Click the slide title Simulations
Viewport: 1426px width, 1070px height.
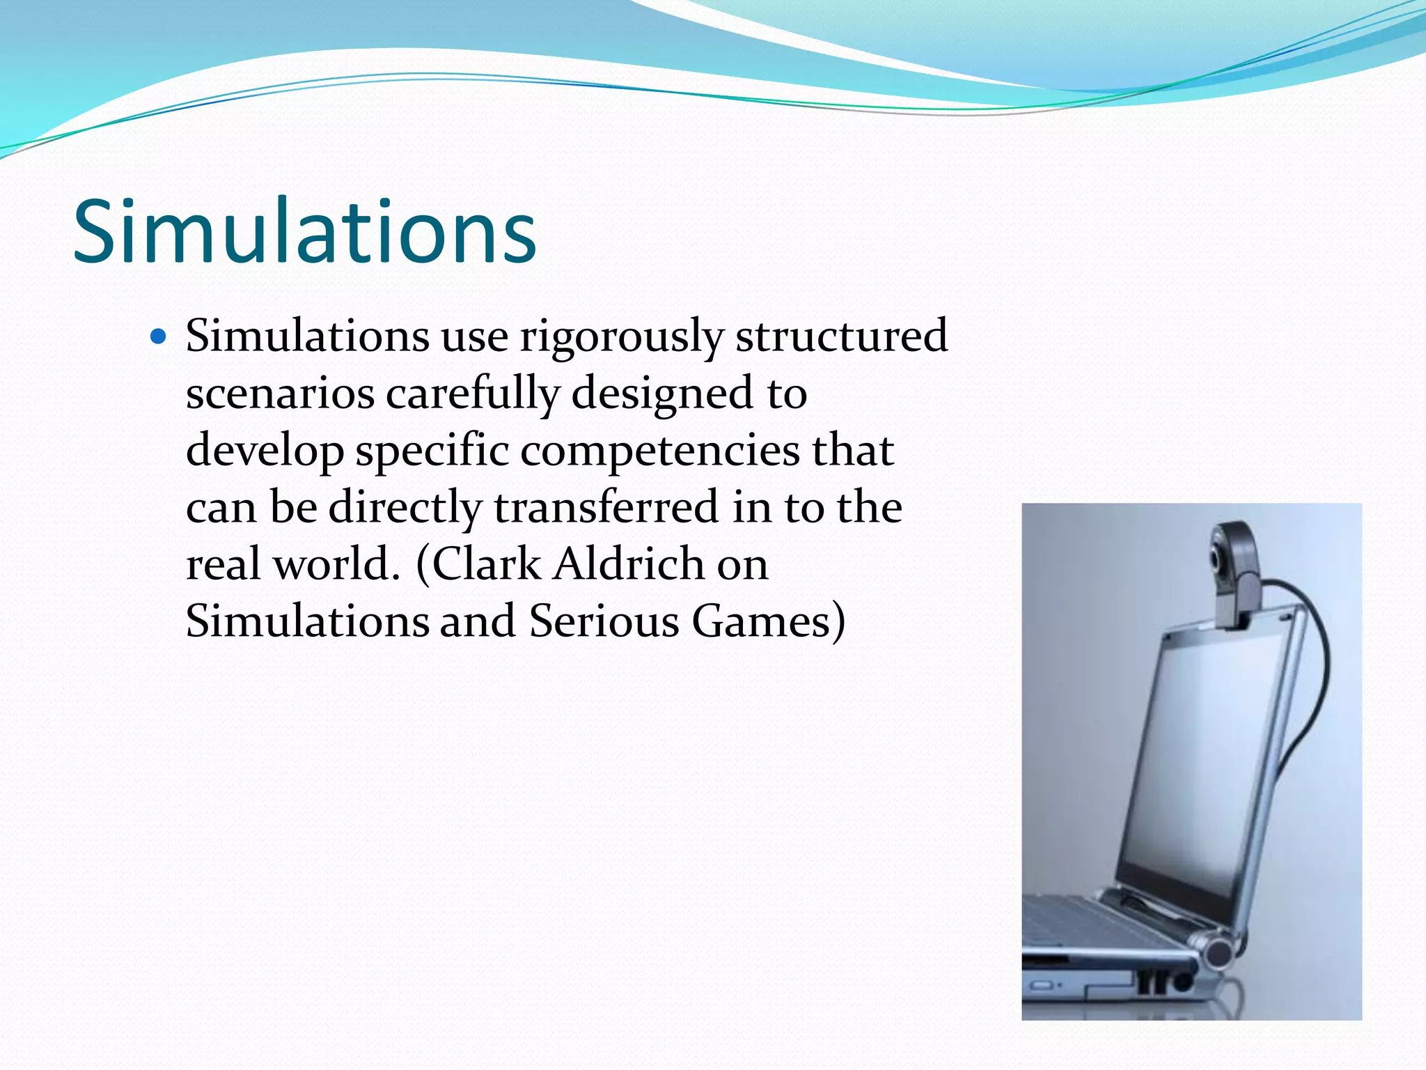(x=304, y=231)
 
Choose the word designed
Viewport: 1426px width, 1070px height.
(x=662, y=394)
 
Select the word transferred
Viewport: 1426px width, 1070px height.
(x=606, y=508)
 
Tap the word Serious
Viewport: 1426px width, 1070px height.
(x=604, y=621)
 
